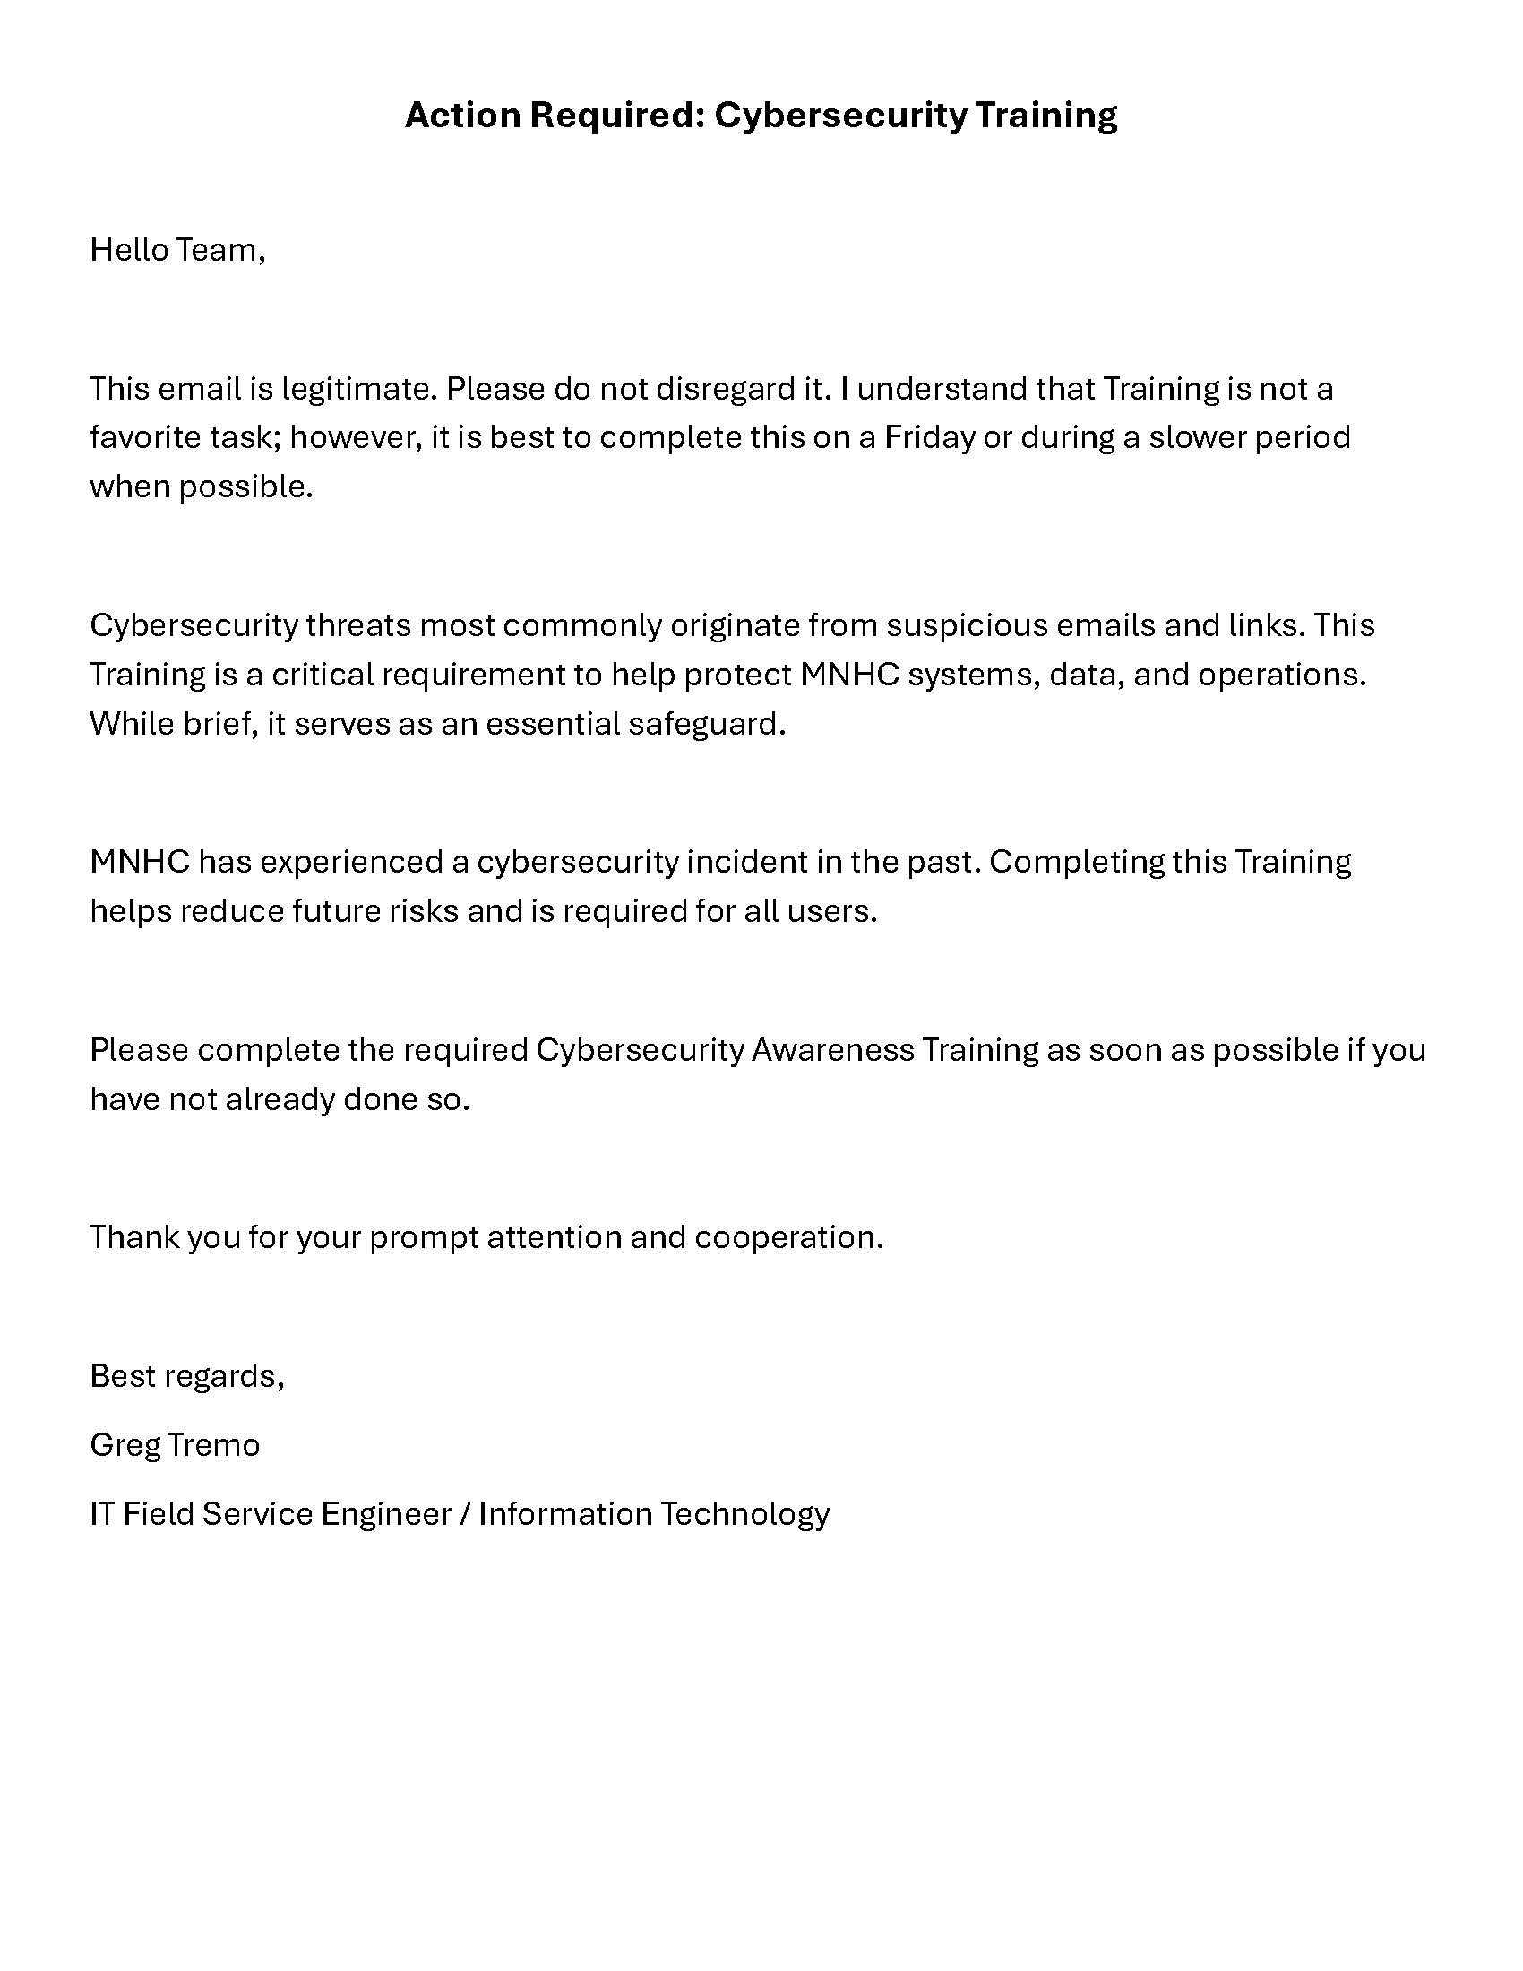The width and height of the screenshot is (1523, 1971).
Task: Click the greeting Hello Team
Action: [x=176, y=250]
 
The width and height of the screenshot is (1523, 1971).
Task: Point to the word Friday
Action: [x=929, y=438]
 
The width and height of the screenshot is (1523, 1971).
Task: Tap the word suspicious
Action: [x=966, y=625]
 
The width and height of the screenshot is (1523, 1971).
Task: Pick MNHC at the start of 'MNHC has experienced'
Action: [x=140, y=862]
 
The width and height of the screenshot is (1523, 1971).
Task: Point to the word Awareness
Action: [x=832, y=1051]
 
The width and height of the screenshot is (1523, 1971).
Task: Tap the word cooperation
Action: [x=787, y=1237]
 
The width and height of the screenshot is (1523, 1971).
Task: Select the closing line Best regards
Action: [x=186, y=1376]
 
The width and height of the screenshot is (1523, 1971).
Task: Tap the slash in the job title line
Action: [x=465, y=1514]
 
